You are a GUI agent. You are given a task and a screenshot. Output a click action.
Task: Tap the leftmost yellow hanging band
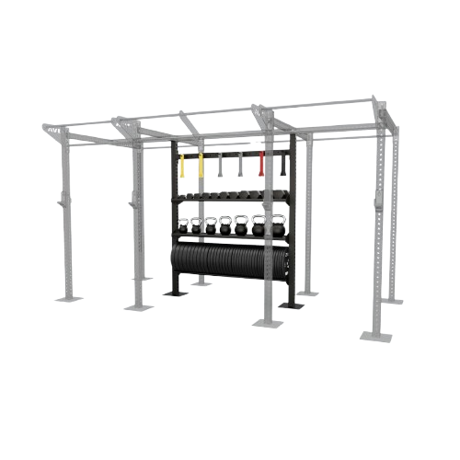click(182, 167)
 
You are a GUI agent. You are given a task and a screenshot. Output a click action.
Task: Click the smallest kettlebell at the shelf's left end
click(183, 226)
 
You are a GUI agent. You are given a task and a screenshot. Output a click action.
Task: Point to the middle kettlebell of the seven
click(226, 226)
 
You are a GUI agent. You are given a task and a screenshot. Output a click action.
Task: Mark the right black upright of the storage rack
click(293, 221)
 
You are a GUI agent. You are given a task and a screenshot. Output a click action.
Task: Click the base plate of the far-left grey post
click(67, 296)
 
